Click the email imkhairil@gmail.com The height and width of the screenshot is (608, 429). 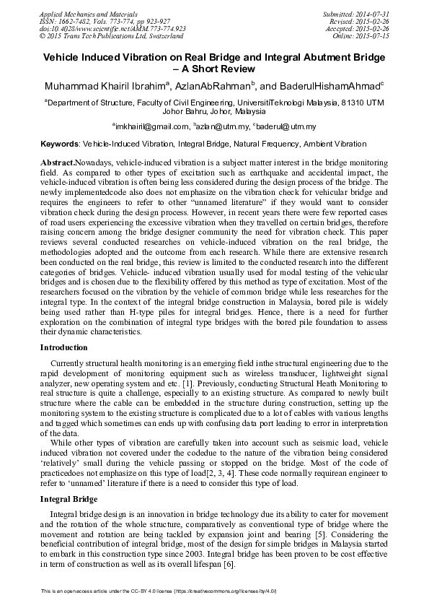(x=154, y=126)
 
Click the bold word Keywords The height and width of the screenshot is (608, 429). (x=60, y=144)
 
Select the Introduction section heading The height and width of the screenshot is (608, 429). (x=68, y=348)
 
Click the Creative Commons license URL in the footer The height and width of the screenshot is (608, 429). (x=241, y=591)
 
